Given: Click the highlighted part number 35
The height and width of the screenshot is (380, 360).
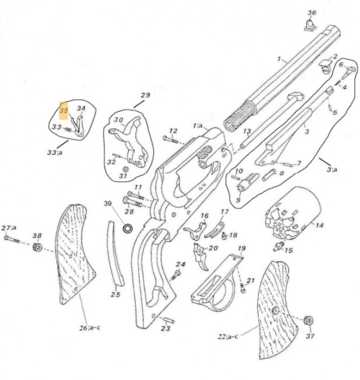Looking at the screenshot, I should [64, 110].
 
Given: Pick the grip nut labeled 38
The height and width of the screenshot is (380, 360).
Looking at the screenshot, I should [37, 248].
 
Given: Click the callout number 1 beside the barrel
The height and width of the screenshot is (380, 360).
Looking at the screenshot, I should [280, 58].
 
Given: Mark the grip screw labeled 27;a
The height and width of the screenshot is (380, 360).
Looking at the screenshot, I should [12, 238].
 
